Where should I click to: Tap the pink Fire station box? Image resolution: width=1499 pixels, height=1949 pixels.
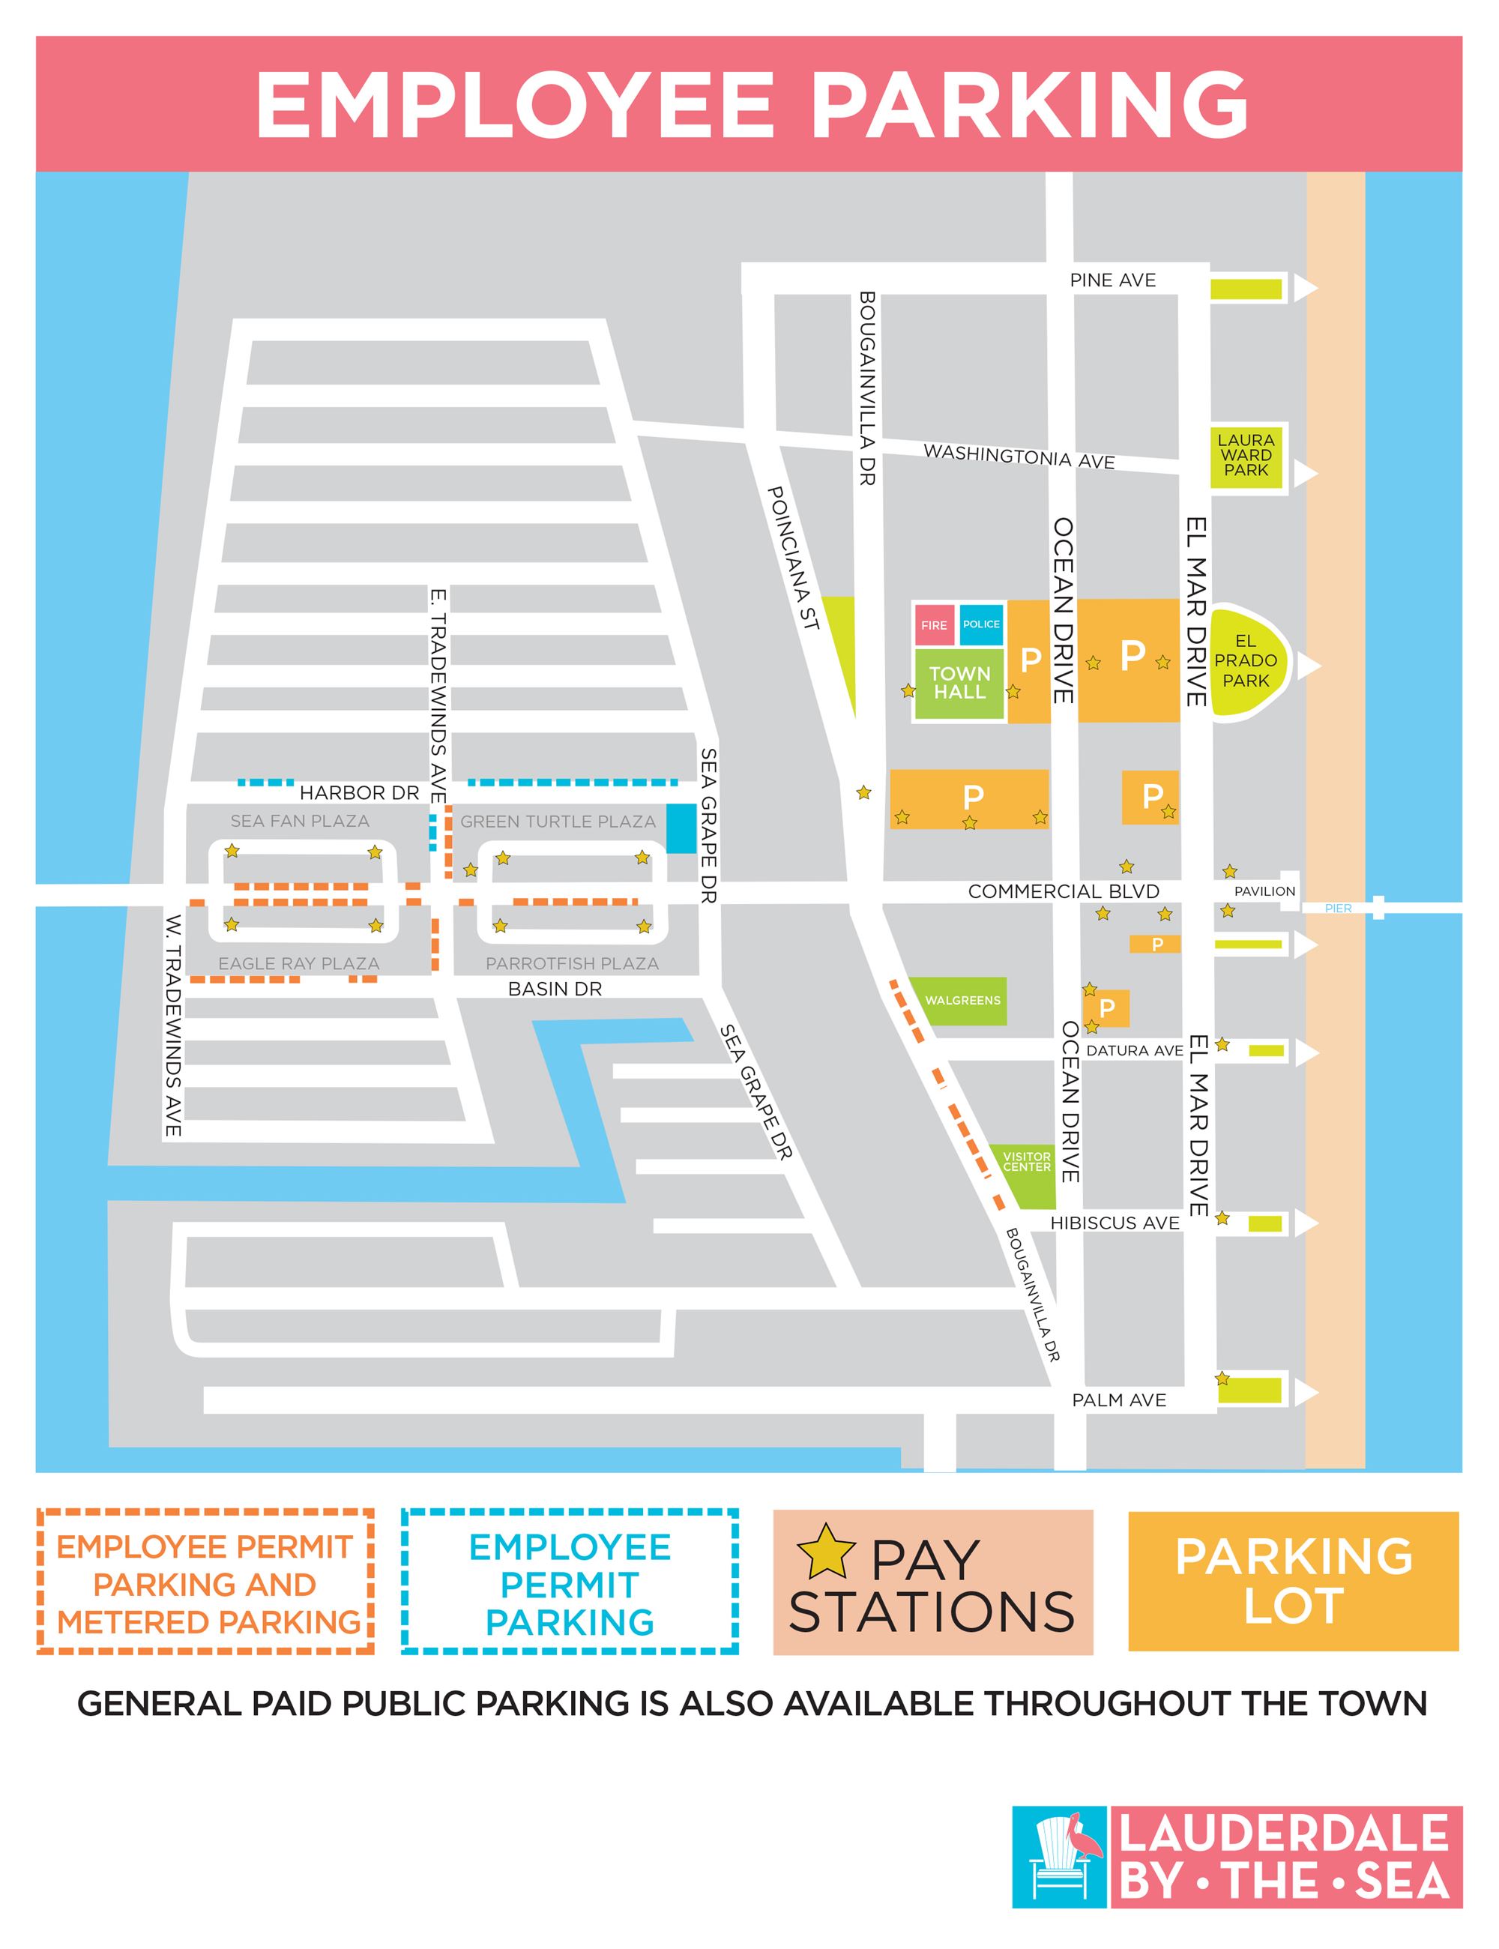(934, 624)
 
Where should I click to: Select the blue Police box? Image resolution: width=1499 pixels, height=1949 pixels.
(982, 624)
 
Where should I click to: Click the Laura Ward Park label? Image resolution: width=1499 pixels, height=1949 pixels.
(1246, 455)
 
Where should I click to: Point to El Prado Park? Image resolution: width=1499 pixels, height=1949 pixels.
(1246, 661)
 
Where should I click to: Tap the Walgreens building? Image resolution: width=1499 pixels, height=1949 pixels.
(963, 1001)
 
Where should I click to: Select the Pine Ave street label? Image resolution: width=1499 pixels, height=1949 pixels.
(1113, 280)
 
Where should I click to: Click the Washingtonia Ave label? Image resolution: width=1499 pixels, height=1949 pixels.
(1019, 456)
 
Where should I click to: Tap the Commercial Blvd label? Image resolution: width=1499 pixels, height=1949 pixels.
(1064, 891)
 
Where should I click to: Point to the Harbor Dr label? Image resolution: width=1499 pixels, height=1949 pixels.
(359, 792)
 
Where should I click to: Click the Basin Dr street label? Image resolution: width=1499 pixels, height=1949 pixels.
(555, 989)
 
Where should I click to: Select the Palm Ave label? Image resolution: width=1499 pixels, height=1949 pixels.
(1119, 1400)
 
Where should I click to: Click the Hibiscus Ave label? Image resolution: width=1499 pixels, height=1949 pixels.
(1115, 1223)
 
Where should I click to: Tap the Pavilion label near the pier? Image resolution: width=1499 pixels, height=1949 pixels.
(1264, 891)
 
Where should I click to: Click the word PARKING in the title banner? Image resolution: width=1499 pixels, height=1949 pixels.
(1029, 104)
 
